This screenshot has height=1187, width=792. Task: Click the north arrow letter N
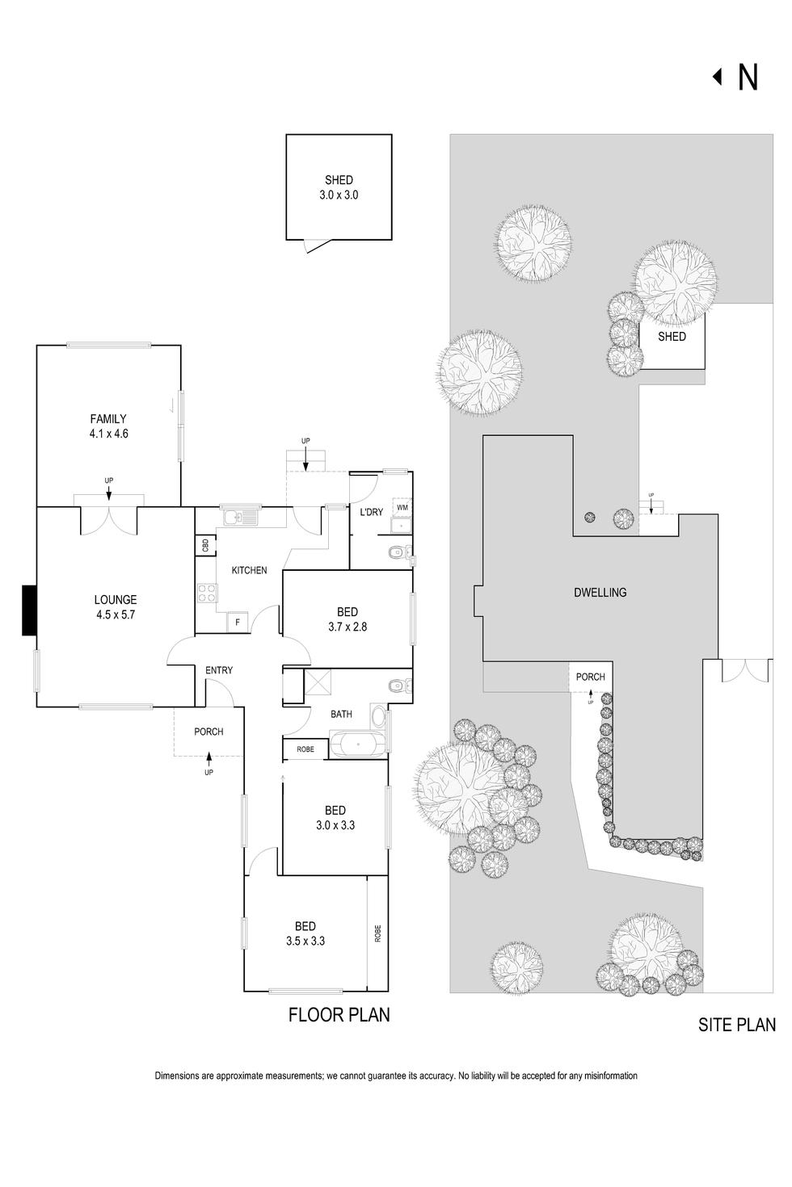pos(748,78)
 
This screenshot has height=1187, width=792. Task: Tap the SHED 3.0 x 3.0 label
pos(339,187)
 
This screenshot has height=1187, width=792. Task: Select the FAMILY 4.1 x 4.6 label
pos(108,426)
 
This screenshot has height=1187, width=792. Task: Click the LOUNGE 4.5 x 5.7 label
pos(116,607)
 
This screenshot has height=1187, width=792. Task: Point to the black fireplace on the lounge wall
pos(29,610)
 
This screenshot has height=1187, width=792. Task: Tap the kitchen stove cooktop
pos(207,594)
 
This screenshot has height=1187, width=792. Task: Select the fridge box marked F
pos(238,623)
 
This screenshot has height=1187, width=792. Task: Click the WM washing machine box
pos(402,507)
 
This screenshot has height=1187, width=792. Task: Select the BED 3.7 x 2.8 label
pos(347,619)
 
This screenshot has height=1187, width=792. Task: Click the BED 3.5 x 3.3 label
pos(305,933)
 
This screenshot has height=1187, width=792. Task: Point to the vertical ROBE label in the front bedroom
pos(377,933)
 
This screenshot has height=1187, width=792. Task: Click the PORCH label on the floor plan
pos(209,732)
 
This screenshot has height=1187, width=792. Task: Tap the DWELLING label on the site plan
pos(600,593)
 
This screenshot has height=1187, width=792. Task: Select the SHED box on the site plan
pos(672,340)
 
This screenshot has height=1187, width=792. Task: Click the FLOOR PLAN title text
pos(339,1015)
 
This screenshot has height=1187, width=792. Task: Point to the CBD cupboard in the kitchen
pos(205,546)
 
